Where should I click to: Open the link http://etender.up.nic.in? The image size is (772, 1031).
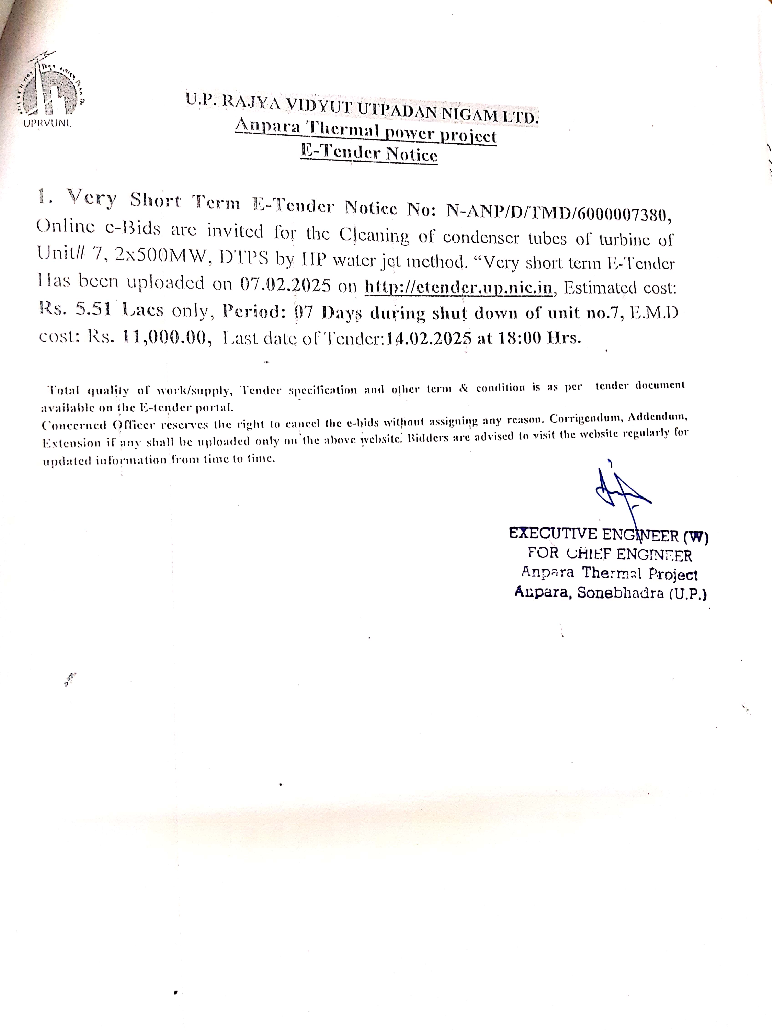[x=458, y=287]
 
